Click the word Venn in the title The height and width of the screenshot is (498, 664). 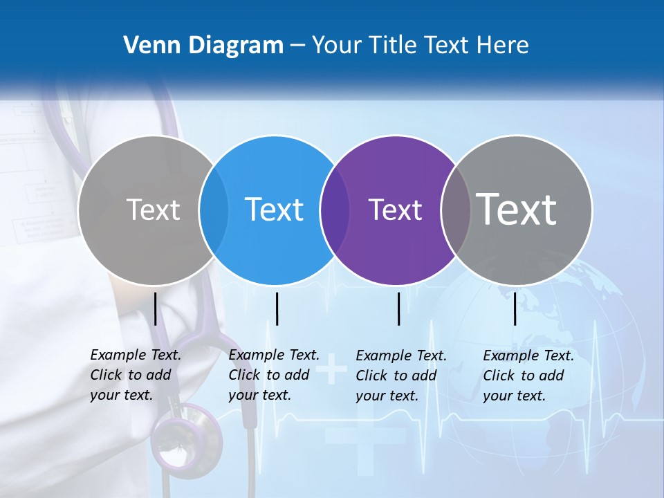[146, 46]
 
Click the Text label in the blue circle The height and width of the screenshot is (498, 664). [275, 210]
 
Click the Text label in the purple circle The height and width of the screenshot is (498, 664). [395, 210]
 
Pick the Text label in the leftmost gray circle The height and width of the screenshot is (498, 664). [153, 210]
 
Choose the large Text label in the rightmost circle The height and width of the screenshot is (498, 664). [517, 210]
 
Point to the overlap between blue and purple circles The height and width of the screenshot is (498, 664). [335, 210]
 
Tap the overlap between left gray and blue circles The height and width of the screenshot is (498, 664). [214, 210]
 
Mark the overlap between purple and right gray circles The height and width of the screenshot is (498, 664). [455, 210]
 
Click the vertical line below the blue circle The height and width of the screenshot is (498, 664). [277, 308]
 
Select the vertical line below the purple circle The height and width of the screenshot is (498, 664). [399, 308]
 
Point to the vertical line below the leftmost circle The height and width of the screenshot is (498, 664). [156, 308]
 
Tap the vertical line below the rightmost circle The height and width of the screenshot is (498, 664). [515, 308]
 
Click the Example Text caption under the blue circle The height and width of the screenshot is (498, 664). [274, 375]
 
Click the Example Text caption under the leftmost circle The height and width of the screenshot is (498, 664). [136, 375]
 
